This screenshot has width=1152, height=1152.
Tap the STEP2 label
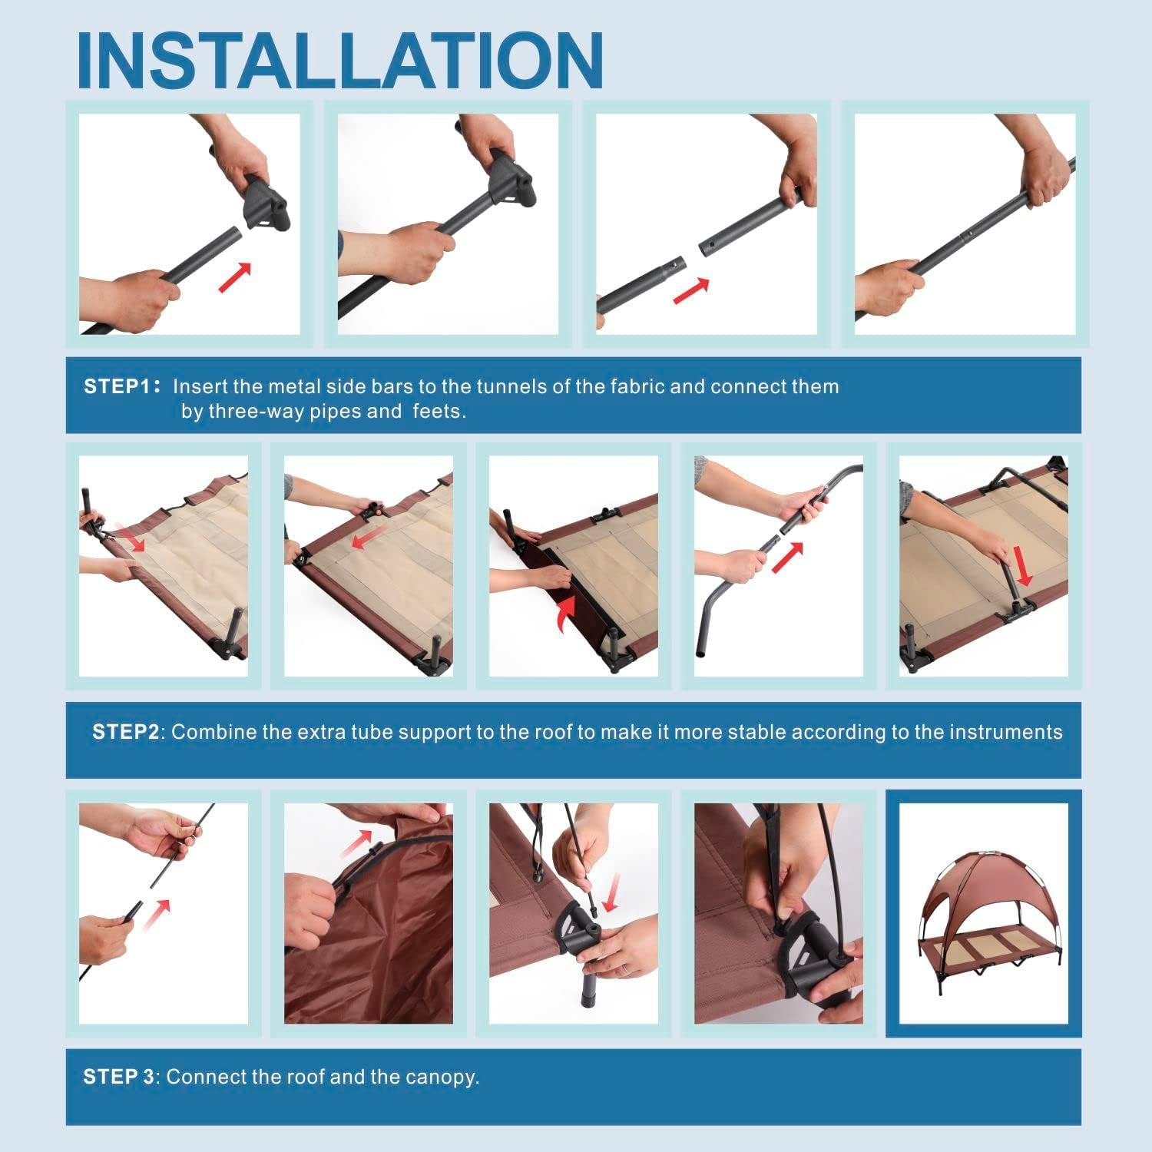[125, 732]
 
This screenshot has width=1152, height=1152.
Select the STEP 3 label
[119, 1077]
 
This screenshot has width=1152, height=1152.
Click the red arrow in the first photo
[235, 277]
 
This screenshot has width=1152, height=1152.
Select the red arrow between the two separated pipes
[690, 290]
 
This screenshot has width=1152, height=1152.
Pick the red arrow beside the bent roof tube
[787, 557]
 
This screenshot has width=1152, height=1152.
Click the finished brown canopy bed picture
[984, 914]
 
